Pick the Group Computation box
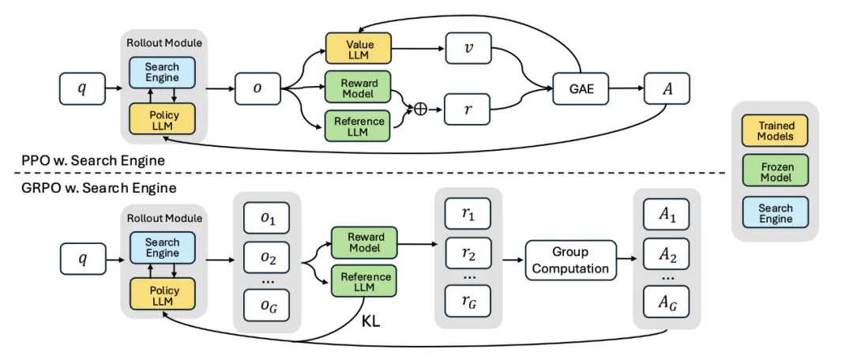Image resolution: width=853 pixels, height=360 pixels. pos(570,260)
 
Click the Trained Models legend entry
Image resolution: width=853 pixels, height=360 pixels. pos(776,131)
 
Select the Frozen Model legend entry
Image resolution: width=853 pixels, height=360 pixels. pos(776,170)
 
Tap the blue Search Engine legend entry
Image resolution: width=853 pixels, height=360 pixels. pos(776,212)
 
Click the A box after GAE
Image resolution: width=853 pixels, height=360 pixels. pos(667,89)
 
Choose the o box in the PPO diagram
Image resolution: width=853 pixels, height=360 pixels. pos(257,89)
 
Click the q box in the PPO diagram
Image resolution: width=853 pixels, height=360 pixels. pos(83,89)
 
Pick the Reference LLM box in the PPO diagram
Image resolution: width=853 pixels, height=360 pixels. pos(360,126)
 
